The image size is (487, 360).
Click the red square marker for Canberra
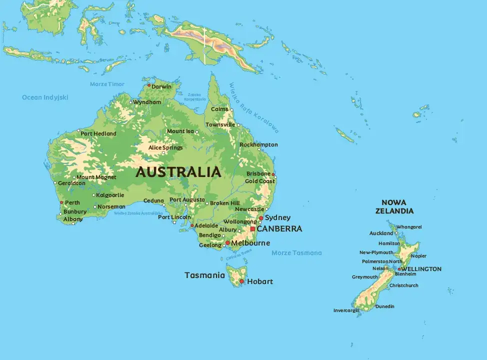point(252,229)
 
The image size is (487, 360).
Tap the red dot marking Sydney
point(261,218)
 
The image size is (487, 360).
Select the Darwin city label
point(161,86)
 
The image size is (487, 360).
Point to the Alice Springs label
point(165,147)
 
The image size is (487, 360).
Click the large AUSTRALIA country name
point(178,172)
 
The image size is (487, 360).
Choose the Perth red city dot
point(61,202)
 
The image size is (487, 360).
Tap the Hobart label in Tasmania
point(260,281)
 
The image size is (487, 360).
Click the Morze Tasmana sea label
point(296,253)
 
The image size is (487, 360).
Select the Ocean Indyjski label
point(45,97)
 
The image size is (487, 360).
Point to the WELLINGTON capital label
point(421,269)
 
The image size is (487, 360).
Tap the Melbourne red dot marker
point(227,243)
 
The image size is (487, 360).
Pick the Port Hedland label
point(98,133)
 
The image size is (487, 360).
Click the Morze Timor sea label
point(107,84)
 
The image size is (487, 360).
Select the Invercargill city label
point(346,310)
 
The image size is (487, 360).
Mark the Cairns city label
point(219,109)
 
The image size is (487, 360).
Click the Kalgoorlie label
point(110,195)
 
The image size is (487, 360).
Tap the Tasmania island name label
point(204,275)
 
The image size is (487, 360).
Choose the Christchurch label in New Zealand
point(404,285)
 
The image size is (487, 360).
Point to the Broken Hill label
point(224,203)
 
